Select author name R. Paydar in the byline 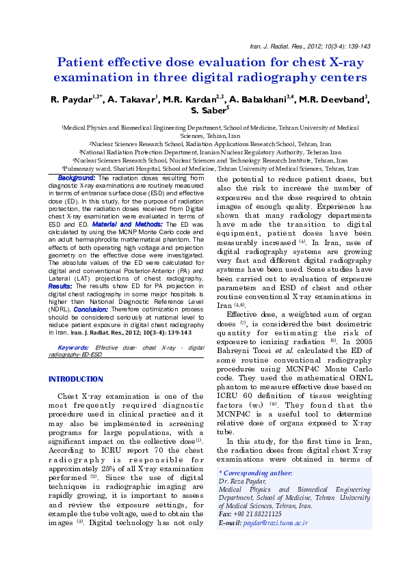click(70, 100)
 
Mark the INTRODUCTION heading click(75, 379)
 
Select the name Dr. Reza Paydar click(241, 481)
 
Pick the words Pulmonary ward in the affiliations click(86, 168)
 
